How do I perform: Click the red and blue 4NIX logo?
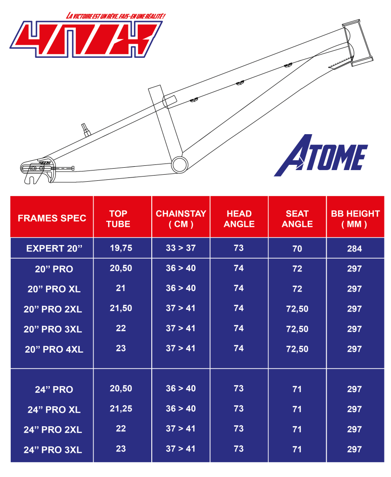86,39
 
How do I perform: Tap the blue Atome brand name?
321,156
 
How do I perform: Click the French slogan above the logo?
115,16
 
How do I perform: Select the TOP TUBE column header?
118,219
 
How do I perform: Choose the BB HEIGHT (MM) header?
355,219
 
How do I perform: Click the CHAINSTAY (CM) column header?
181,219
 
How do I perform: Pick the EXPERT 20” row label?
54,249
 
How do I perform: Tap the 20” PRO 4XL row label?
54,349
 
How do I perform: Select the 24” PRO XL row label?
54,409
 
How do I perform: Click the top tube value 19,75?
121,248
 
